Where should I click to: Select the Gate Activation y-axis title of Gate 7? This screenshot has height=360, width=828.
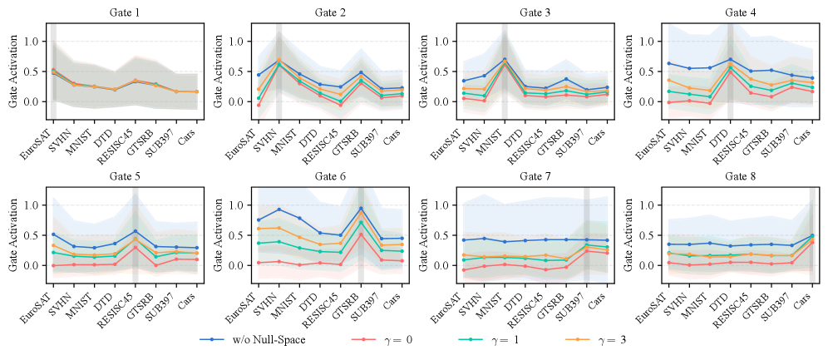[417, 235]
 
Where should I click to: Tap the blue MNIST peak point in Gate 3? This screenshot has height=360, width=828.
[505, 59]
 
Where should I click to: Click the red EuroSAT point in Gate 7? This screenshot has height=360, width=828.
[461, 270]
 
